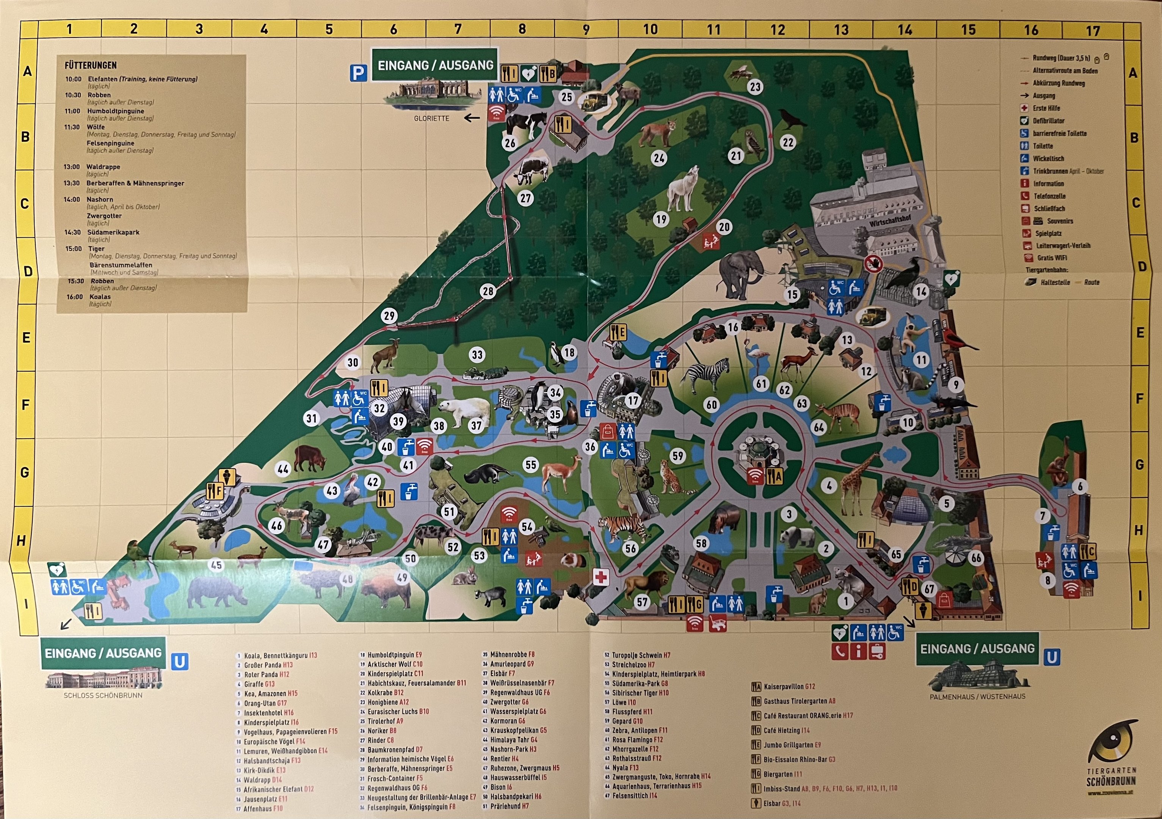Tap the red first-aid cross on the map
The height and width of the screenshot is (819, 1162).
601,577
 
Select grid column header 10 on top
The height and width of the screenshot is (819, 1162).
650,29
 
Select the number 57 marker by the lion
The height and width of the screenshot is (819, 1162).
642,601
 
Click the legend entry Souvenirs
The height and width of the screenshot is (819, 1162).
1060,221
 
